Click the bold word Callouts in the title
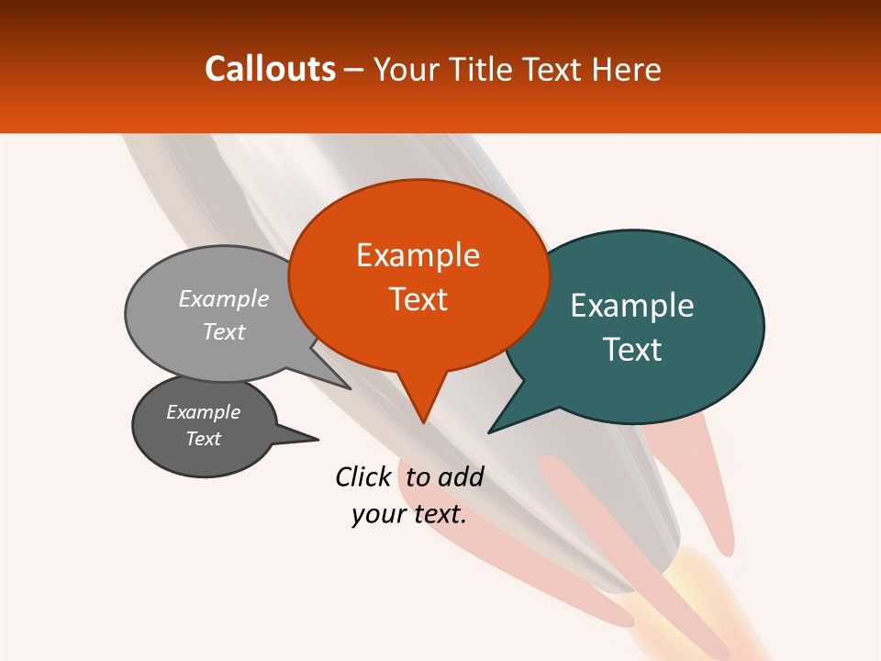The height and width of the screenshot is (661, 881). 270,69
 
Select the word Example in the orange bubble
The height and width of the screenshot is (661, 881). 418,255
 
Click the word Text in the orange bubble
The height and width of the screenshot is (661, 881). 418,299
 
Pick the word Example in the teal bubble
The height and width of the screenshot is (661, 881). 632,306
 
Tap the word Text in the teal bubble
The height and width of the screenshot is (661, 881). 632,350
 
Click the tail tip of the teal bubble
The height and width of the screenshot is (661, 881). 490,431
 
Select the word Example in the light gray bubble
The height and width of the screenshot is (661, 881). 224,298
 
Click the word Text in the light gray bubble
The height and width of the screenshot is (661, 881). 224,331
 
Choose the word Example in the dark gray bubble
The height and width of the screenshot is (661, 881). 203,412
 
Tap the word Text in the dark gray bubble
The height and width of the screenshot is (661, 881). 203,439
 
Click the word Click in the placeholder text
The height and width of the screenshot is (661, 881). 362,476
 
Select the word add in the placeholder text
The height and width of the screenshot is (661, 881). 461,476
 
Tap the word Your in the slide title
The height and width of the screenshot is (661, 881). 403,69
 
